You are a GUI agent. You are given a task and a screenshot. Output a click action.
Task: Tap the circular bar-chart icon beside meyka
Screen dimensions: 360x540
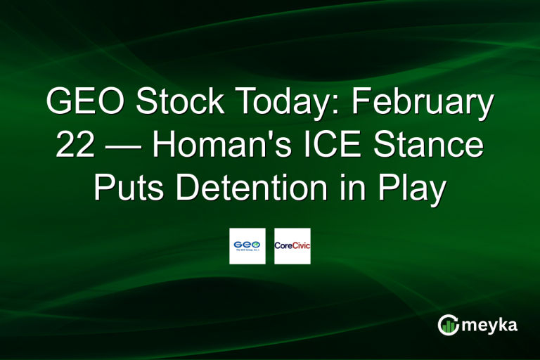click(448, 324)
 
